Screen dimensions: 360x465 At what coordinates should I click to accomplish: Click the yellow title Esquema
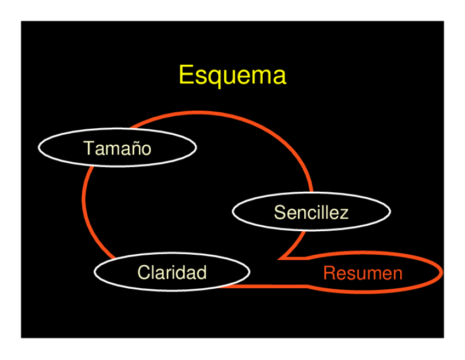click(232, 76)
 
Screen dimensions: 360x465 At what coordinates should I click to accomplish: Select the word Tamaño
click(117, 148)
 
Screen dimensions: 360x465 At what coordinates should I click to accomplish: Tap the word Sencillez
click(311, 212)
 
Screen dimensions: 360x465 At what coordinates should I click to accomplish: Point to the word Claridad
click(172, 272)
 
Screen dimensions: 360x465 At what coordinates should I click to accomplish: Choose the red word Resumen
click(362, 273)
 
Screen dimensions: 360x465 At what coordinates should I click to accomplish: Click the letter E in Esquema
click(185, 76)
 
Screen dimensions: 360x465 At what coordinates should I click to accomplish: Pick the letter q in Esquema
click(212, 77)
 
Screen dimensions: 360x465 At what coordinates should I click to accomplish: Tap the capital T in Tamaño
click(88, 148)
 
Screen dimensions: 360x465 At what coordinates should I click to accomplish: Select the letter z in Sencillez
click(344, 213)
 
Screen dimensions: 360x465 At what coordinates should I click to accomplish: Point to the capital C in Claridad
click(143, 272)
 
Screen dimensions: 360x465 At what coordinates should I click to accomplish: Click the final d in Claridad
click(201, 272)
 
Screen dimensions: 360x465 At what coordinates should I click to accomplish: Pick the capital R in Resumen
click(329, 273)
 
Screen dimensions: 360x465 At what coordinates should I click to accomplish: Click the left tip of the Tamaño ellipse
click(38, 148)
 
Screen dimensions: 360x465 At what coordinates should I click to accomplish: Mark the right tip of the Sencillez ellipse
click(390, 212)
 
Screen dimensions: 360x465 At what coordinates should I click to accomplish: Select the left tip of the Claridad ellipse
click(95, 272)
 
